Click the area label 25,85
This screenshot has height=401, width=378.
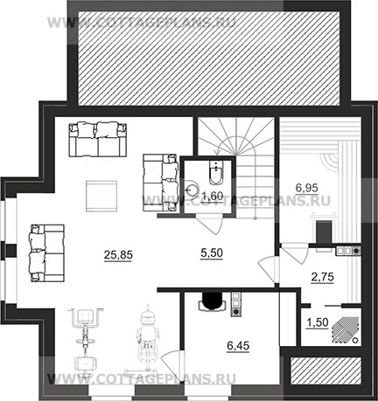click(x=118, y=255)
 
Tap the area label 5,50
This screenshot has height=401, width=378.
click(x=212, y=253)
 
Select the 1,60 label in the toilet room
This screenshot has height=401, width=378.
click(x=212, y=196)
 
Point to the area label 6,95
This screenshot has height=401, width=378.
click(x=306, y=188)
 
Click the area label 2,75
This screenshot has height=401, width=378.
click(x=322, y=277)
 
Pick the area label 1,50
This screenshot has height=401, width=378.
click(x=318, y=322)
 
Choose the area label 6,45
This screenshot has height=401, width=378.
click(x=238, y=346)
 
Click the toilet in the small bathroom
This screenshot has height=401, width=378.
click(x=216, y=172)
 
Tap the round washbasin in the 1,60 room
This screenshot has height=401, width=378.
click(x=192, y=189)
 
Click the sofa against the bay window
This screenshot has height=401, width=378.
click(x=47, y=253)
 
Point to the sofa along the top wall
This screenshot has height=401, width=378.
click(x=98, y=140)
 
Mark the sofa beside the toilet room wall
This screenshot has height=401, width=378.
click(x=160, y=183)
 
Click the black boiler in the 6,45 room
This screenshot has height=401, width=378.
click(x=212, y=301)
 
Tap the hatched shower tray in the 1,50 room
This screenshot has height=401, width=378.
click(x=346, y=329)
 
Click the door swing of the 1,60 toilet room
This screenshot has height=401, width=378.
click(x=209, y=225)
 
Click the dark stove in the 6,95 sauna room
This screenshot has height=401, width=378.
click(x=324, y=232)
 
